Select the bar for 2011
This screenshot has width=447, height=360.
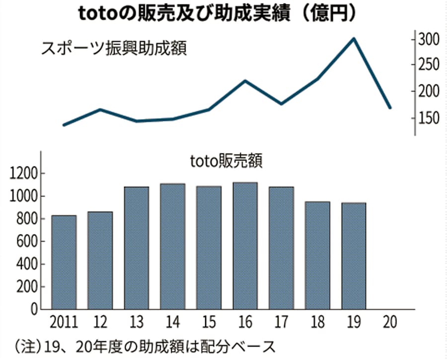click(x=64, y=262)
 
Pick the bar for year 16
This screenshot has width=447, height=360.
click(x=245, y=245)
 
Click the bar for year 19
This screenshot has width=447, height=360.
click(x=354, y=255)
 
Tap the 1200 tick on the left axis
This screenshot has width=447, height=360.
click(x=24, y=174)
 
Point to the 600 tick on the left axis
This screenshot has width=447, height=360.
click(x=28, y=242)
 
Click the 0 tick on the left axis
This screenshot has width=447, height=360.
click(x=35, y=309)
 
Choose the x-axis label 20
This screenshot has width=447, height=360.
click(x=389, y=323)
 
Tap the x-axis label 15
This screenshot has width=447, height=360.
click(x=209, y=323)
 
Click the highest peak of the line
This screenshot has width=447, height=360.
click(x=354, y=38)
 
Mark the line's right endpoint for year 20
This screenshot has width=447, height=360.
click(x=390, y=107)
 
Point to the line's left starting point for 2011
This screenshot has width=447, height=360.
click(x=64, y=125)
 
